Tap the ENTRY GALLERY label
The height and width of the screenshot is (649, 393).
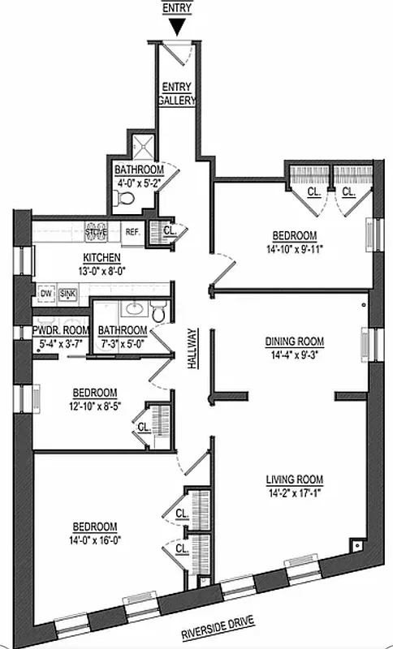point(178,93)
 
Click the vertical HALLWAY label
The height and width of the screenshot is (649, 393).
point(192,349)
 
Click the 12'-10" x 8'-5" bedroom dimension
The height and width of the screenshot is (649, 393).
point(97,404)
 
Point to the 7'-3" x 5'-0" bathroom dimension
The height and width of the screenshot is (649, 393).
point(123,342)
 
